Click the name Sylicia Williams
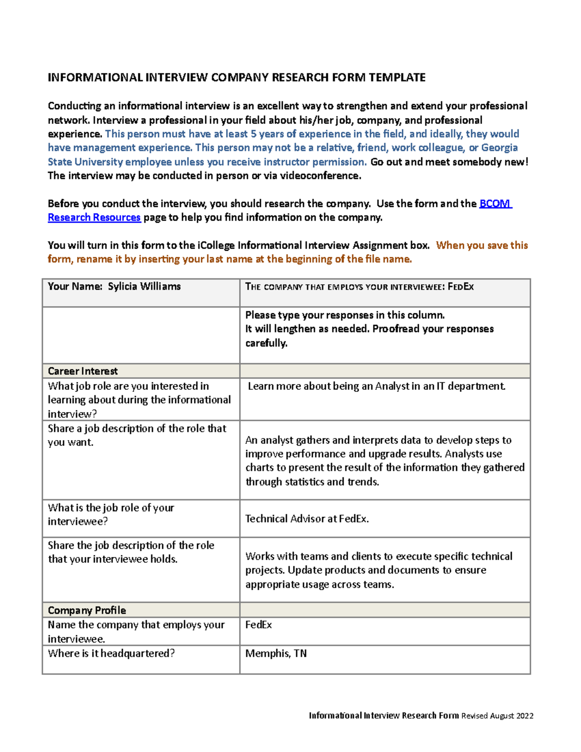tap(144, 286)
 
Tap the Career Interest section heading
tap(83, 371)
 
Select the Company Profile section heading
tap(87, 610)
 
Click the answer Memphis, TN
tap(276, 653)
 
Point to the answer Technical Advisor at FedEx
tap(307, 519)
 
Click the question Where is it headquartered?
tap(111, 653)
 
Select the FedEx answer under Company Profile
tap(259, 625)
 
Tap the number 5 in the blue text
tap(253, 134)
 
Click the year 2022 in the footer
tap(524, 716)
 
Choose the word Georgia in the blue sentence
tap(499, 148)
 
